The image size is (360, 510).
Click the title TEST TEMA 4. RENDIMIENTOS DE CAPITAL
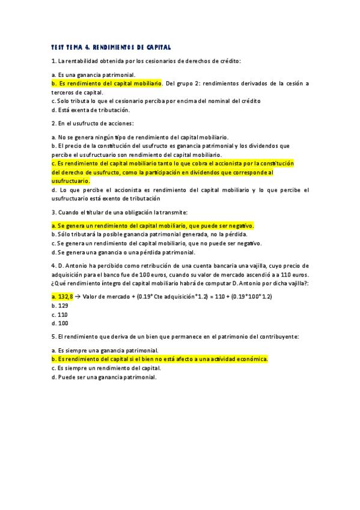(111, 47)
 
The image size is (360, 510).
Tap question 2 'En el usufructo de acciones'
(93, 123)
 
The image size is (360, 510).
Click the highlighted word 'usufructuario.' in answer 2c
(71, 180)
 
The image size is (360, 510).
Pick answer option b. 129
(59, 306)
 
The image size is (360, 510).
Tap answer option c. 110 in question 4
(59, 314)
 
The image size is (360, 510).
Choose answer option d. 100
(59, 323)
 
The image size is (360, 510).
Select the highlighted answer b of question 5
(159, 359)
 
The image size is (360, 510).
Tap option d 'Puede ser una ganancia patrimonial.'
(104, 377)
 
